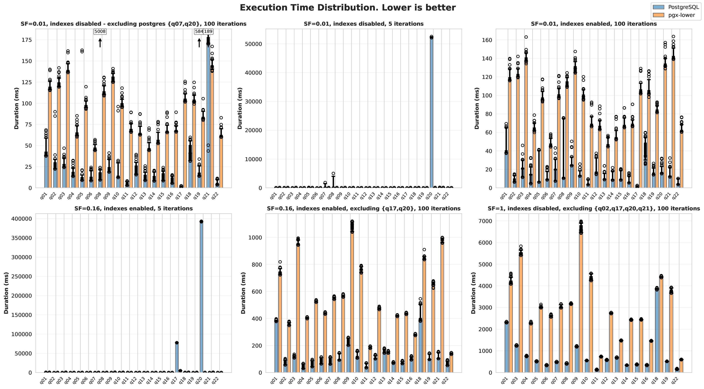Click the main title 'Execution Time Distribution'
point(348,8)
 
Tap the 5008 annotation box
point(100,31)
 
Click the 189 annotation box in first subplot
point(208,31)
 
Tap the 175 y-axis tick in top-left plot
point(26,40)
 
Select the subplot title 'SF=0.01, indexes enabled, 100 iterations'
point(594,24)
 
